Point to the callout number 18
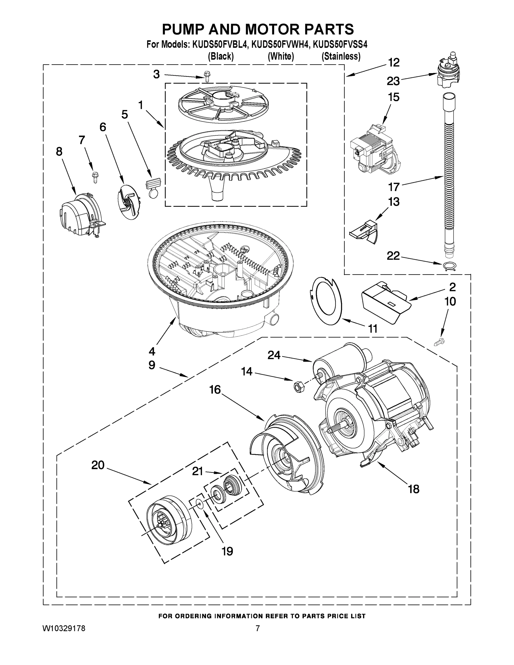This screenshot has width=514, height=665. [413, 489]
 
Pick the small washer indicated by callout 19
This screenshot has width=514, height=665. [200, 505]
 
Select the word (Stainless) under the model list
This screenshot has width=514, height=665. [341, 57]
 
